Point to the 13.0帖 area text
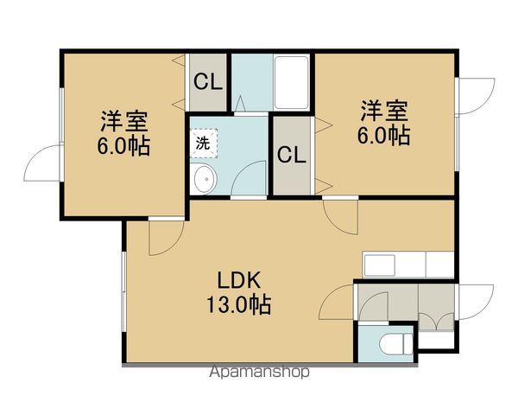239,305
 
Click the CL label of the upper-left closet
207,83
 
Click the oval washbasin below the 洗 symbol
204,181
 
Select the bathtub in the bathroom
294,83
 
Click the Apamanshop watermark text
259,373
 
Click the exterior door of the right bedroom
475,95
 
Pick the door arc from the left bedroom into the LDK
164,238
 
